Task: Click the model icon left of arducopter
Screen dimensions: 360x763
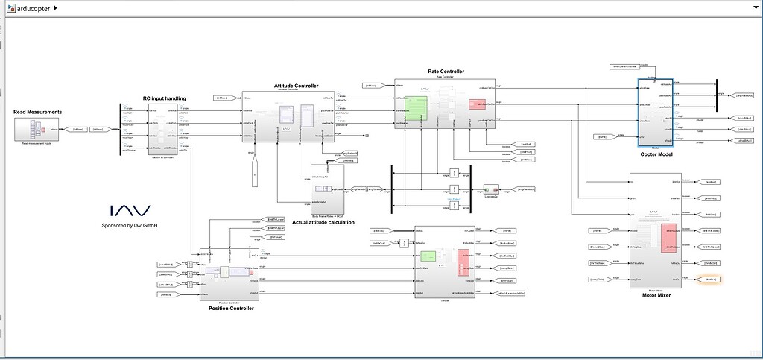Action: pos(10,8)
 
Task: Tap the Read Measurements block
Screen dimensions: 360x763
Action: pos(37,128)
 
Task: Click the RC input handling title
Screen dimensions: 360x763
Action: pos(164,98)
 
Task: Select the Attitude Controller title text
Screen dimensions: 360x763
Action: pos(296,86)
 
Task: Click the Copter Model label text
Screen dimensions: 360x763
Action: pos(656,155)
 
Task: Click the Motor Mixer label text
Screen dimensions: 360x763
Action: pos(656,294)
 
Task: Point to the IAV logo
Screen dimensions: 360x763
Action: pos(130,211)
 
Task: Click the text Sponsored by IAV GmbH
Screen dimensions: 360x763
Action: pos(130,225)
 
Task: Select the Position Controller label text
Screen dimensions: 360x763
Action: pos(231,308)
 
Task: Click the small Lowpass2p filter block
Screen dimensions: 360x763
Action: pos(491,191)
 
